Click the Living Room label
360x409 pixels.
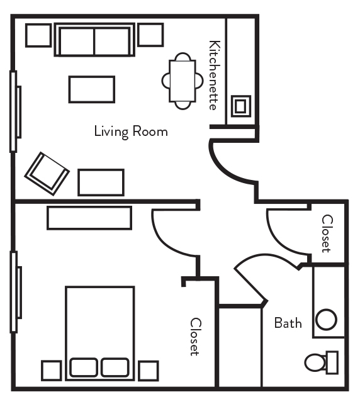tap(131, 132)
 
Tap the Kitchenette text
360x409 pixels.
tap(215, 76)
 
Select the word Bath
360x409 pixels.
tap(288, 323)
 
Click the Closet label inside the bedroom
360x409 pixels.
tap(195, 336)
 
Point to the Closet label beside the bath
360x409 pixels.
tap(327, 233)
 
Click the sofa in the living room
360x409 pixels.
tap(94, 40)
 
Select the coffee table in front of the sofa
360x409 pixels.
tap(92, 89)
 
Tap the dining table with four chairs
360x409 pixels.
tap(183, 81)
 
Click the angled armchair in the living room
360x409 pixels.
tap(46, 173)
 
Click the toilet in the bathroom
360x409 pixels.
tap(320, 362)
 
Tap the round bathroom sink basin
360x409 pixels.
tap(326, 320)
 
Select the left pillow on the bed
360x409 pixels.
tap(83, 367)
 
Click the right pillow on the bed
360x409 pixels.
tap(115, 367)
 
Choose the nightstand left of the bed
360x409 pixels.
tap(51, 370)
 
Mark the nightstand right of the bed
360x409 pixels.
tap(149, 370)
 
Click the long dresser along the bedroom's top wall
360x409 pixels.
tap(89, 218)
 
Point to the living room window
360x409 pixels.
tap(14, 111)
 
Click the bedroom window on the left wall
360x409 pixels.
tap(14, 291)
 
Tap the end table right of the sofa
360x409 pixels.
tap(150, 35)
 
